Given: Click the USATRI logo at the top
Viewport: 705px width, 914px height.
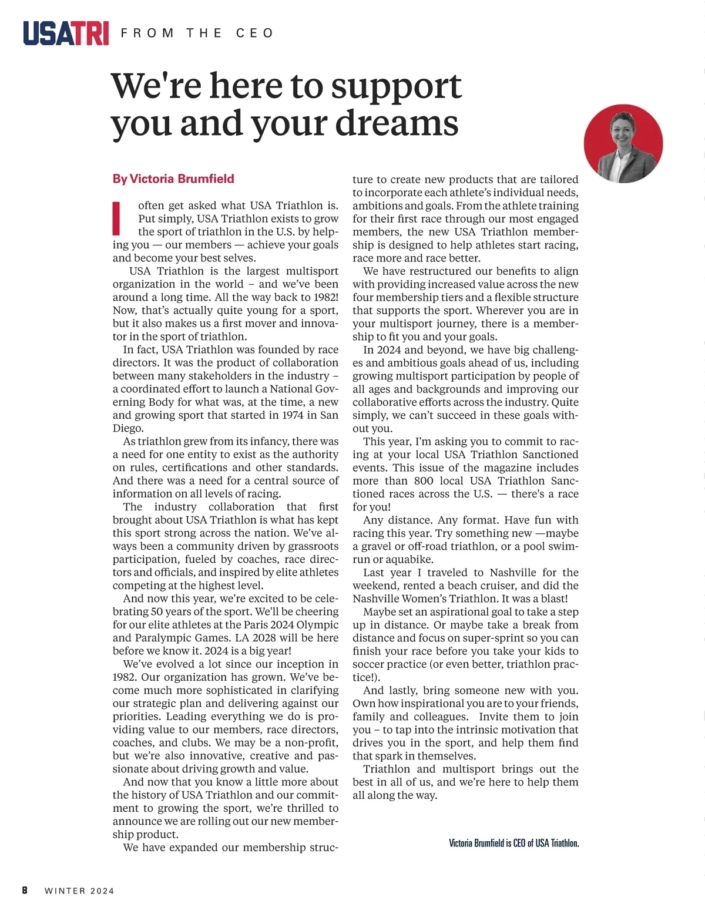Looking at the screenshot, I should click(x=66, y=33).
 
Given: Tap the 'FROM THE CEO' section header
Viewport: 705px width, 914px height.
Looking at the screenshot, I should click(x=197, y=33).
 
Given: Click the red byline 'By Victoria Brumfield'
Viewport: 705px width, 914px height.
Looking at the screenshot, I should click(x=173, y=179).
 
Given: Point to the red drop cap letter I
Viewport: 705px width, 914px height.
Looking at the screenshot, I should click(x=116, y=219).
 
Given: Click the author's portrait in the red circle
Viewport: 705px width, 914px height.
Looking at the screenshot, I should click(x=623, y=144).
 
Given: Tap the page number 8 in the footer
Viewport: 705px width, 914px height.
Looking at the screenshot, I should click(x=25, y=891).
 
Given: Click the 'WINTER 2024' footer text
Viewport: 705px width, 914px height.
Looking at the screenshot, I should click(x=79, y=891).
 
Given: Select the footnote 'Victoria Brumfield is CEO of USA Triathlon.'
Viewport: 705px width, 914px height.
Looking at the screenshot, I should click(x=514, y=843).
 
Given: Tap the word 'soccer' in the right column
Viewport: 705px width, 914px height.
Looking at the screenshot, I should click(x=371, y=664).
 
